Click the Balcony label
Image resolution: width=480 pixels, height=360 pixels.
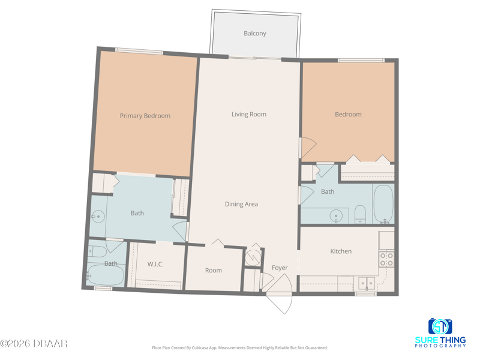254,34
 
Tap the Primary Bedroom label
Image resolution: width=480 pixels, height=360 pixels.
145,116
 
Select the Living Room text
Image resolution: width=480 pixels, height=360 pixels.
249,114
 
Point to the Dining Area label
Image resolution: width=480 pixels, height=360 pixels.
241,204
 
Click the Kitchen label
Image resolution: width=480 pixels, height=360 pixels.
341,251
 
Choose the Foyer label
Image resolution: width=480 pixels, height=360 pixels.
280,268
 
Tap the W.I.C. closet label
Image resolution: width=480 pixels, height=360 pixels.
155,264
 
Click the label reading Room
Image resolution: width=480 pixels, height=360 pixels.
214,271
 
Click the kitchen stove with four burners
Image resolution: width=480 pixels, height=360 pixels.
386,259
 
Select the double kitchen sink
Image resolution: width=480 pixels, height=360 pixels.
367,283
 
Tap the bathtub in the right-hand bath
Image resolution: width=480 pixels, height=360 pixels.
383,204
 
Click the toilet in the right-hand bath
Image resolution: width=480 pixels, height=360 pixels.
361,214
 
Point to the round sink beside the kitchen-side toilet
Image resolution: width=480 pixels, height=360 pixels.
337,216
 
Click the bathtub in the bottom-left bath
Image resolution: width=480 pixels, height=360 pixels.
106,275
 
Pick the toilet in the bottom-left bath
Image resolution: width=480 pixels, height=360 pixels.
97,251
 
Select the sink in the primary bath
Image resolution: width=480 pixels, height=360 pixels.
98,217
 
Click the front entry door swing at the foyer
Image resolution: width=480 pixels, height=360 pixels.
279,294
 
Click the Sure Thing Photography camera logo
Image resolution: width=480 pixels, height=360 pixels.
440,326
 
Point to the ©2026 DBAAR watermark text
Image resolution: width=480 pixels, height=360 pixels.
34,343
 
